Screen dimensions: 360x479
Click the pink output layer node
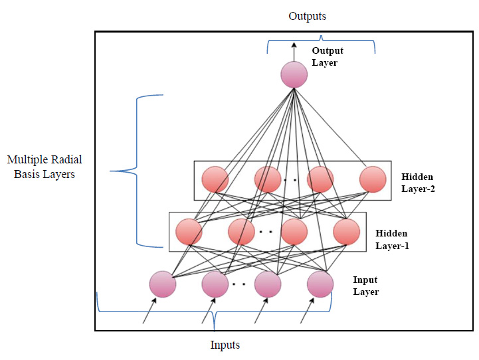click(294, 74)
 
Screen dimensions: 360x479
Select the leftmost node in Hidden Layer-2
click(215, 179)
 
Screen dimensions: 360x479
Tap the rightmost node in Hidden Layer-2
click(372, 179)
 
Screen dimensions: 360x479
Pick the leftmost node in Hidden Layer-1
click(189, 231)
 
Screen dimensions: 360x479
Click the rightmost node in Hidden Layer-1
click(346, 231)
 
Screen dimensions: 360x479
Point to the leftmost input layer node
click(162, 284)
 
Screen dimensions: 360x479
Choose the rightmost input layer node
click(320, 284)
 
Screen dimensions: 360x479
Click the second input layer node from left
click(215, 284)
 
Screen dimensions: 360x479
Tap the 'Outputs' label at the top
click(307, 16)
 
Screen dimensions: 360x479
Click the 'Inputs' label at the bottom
click(225, 345)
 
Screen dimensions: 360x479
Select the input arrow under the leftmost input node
click(151, 313)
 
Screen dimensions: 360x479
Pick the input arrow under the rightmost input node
click(307, 313)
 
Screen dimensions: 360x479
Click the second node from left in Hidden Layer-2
click(267, 179)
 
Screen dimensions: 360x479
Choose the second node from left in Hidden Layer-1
click(241, 231)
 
